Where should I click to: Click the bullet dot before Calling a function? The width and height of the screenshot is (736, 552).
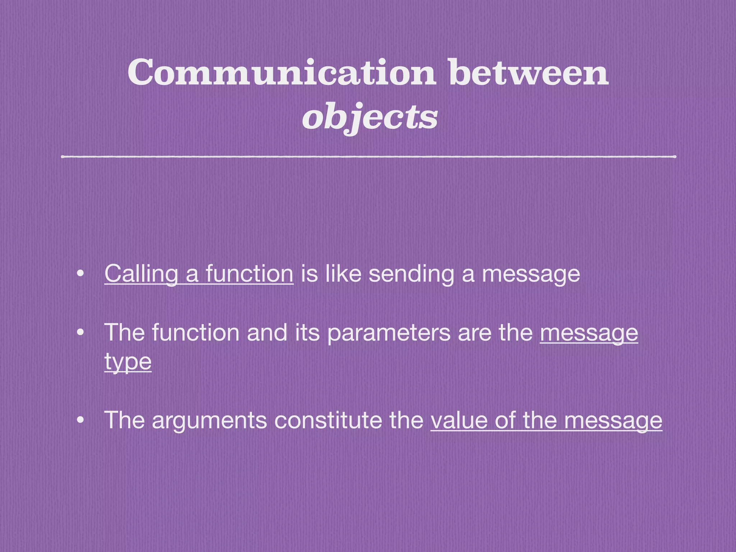point(80,274)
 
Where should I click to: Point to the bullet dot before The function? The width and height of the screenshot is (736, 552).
point(80,333)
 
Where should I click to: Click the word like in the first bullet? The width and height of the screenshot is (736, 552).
point(343,274)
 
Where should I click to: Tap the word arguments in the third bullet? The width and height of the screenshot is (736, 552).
point(210,420)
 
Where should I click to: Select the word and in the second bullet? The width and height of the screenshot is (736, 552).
point(267,333)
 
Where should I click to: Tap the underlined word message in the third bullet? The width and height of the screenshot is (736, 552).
point(613,420)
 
